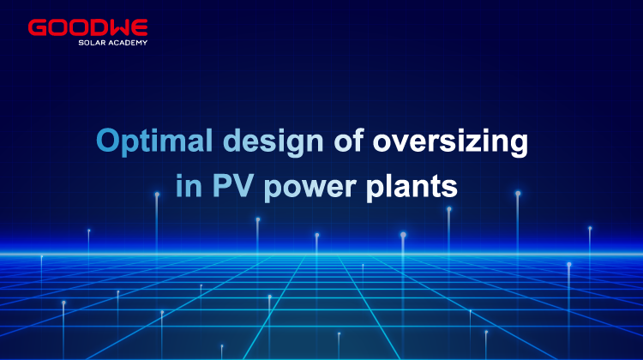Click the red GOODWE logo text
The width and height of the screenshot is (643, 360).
[87, 27]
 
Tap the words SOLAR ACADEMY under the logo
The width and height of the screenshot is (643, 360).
[113, 43]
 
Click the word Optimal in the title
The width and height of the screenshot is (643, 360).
[154, 141]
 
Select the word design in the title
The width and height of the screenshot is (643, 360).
[273, 141]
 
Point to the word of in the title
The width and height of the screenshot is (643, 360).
[349, 140]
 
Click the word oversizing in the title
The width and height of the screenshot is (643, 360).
[450, 141]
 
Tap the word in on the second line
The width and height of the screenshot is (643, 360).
[189, 186]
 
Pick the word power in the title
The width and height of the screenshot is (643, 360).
[309, 189]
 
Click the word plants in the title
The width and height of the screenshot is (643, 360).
[412, 187]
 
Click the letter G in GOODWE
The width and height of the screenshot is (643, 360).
[37, 27]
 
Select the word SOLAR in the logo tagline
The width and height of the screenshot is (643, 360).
[92, 43]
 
